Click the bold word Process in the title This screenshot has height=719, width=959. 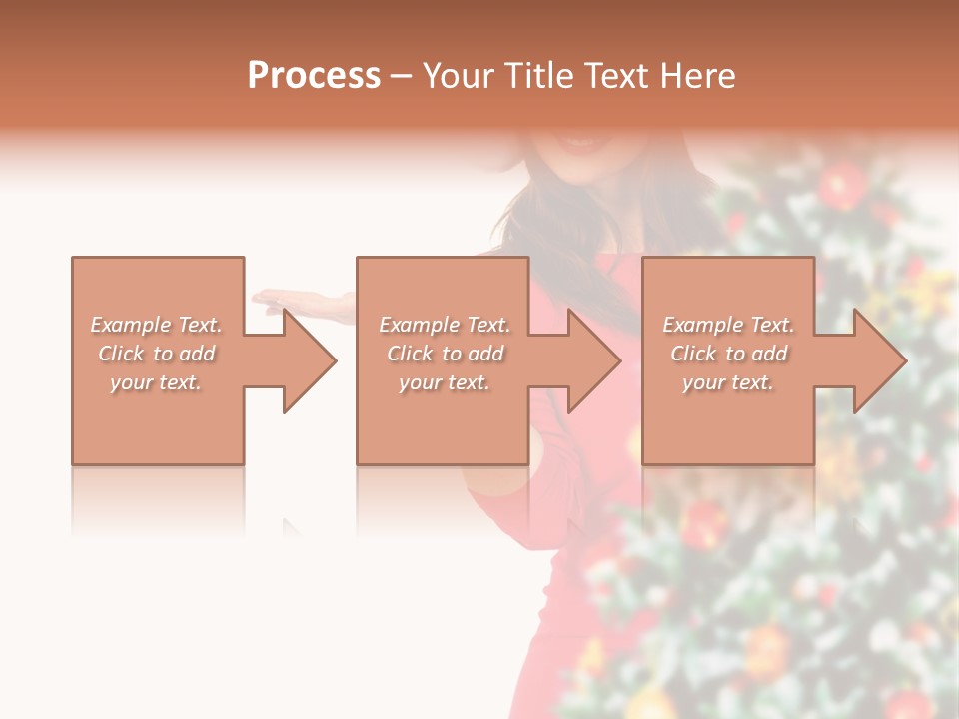click(314, 76)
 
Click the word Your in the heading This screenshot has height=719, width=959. click(459, 76)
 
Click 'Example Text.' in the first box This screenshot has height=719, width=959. click(156, 325)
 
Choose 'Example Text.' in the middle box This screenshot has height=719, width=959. click(445, 325)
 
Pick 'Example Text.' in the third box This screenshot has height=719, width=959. click(728, 325)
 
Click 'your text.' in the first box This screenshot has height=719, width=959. click(156, 382)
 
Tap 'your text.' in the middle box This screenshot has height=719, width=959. click(445, 382)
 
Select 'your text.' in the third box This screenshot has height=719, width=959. click(728, 382)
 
